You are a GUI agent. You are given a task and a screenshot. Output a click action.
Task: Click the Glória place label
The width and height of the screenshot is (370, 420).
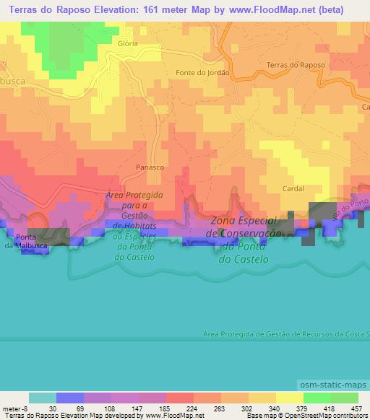point(127,43)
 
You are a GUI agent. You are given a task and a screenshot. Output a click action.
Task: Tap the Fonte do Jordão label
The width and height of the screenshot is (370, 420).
point(202,73)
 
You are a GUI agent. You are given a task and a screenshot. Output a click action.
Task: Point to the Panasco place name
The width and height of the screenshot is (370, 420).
point(150,167)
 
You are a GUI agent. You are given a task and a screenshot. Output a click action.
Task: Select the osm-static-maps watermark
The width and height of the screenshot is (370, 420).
point(335,382)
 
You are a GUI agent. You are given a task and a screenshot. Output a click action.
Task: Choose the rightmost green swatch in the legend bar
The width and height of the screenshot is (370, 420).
point(345,398)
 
